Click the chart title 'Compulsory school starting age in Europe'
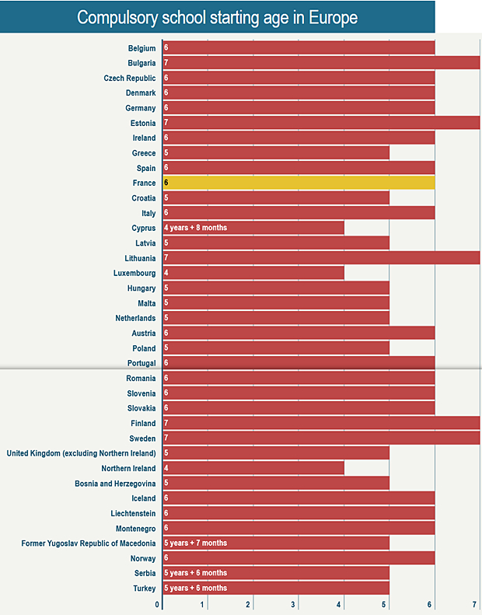coord(218,17)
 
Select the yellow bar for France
coord(299,183)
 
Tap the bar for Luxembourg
coord(253,273)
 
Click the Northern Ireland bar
coord(253,468)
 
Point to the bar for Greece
coord(276,153)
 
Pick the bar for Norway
coord(299,558)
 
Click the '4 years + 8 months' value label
coord(196,228)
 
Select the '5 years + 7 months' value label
coord(196,543)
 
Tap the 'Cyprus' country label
coord(144,228)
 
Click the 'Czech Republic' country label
coord(130,78)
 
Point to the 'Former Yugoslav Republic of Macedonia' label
coord(89,543)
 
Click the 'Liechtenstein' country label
coord(133,513)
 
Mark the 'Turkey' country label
coord(144,588)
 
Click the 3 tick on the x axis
coord(294,605)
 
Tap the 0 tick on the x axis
coord(158,605)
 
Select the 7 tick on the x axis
coord(474,605)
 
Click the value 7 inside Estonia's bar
coord(166,123)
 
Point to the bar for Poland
coord(276,348)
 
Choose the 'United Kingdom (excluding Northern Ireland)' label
coord(82,453)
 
